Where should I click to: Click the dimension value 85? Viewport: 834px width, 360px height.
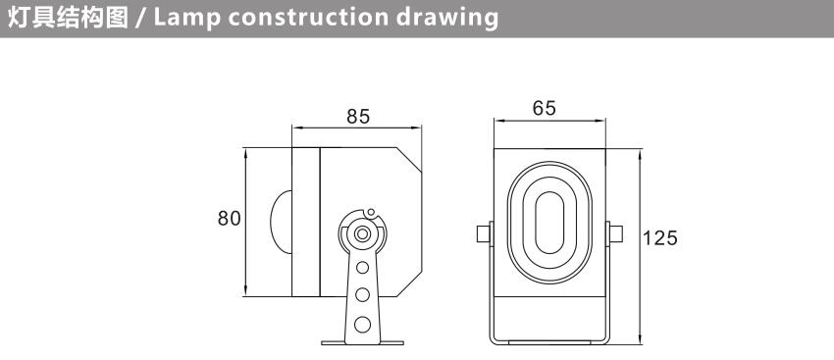pos(357,117)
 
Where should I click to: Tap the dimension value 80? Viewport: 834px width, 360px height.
pos(230,219)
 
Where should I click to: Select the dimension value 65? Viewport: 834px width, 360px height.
pos(545,108)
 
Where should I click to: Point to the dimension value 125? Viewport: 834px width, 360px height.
pos(660,238)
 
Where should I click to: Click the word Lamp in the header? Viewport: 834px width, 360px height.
pos(186,18)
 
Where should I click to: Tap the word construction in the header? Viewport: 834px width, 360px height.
pos(308,18)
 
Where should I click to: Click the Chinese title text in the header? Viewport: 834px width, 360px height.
pos(68,18)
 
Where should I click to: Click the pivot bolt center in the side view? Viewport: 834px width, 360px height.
pos(363,233)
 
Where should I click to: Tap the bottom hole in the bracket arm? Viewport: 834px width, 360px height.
pos(363,325)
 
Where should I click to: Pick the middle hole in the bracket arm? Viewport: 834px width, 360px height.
pos(363,294)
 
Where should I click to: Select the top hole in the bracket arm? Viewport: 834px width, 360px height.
pos(363,267)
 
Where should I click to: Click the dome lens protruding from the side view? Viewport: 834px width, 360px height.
pos(282,222)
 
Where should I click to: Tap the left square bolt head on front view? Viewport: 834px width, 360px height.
pos(484,234)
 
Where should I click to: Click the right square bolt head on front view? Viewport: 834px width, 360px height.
pos(616,234)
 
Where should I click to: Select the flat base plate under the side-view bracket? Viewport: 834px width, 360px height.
pos(363,343)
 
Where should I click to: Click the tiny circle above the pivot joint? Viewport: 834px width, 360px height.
pos(371,212)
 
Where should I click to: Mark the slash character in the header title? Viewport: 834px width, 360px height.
pos(141,18)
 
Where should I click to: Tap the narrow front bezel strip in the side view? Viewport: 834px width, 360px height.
pos(306,222)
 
